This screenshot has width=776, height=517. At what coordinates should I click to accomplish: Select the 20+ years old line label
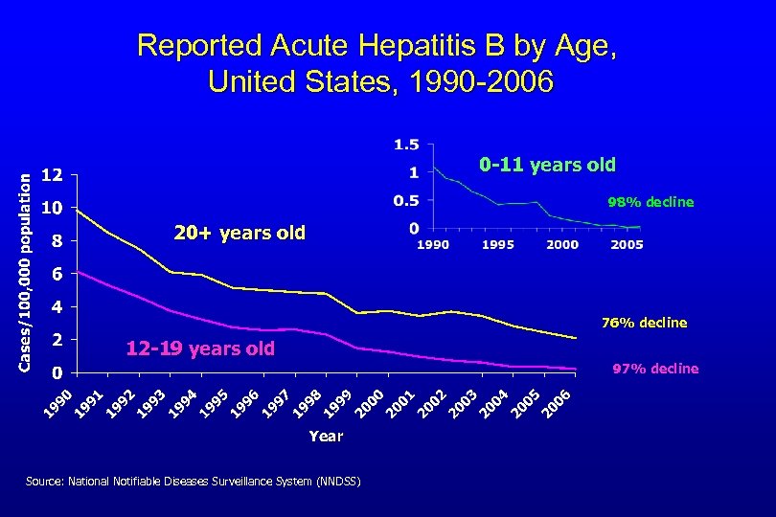[239, 233]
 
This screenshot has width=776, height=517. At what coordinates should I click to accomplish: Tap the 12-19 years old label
[200, 348]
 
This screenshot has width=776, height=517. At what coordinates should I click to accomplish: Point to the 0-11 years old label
[547, 165]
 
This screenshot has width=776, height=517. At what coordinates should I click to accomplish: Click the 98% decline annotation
[650, 203]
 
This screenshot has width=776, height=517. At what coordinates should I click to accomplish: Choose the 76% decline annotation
[644, 323]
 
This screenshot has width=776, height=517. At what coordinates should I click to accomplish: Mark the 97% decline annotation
[655, 369]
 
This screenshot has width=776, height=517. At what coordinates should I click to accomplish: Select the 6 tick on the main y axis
[57, 274]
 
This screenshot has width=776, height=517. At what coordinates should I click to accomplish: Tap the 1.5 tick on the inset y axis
[406, 146]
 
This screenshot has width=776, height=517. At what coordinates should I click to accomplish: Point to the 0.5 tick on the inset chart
[406, 201]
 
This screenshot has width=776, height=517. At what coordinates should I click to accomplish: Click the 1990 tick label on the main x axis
[60, 402]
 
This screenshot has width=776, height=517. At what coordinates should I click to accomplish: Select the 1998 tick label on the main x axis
[308, 402]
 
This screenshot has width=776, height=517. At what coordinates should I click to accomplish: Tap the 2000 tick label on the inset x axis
[562, 245]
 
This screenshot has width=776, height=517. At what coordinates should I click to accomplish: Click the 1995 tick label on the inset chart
[497, 245]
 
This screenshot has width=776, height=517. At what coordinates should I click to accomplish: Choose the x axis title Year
[325, 436]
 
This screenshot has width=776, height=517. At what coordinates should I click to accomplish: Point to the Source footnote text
[194, 482]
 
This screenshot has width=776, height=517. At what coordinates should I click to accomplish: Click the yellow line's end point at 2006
[576, 338]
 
